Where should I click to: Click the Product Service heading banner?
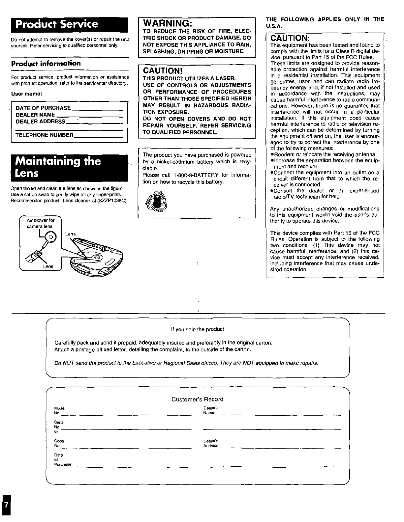[70, 24]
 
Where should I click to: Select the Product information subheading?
[46, 63]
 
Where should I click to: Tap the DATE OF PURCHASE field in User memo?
[43, 108]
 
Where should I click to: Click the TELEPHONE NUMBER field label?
[45, 135]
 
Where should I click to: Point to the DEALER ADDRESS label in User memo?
[41, 122]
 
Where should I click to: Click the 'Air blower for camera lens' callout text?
[40, 223]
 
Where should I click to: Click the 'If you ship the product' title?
[197, 329]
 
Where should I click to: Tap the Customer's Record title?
[197, 399]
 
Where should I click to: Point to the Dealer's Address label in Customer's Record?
[211, 443]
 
